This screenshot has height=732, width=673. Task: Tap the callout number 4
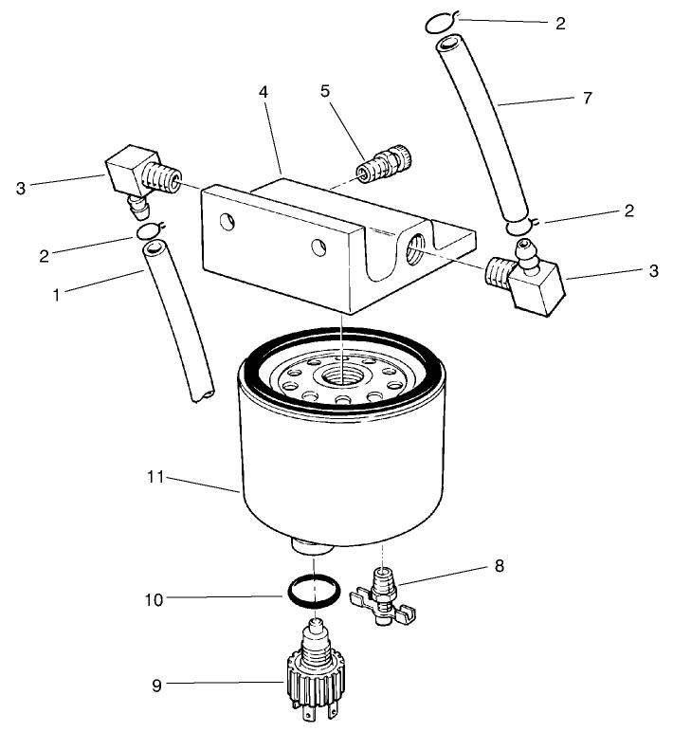pyautogui.click(x=264, y=94)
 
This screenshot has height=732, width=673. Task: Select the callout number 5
pyautogui.click(x=324, y=94)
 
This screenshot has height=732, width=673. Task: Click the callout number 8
pyautogui.click(x=499, y=566)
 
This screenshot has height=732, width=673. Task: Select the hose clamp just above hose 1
pyautogui.click(x=151, y=230)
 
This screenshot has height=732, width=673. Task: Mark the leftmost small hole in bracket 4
pyautogui.click(x=227, y=223)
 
